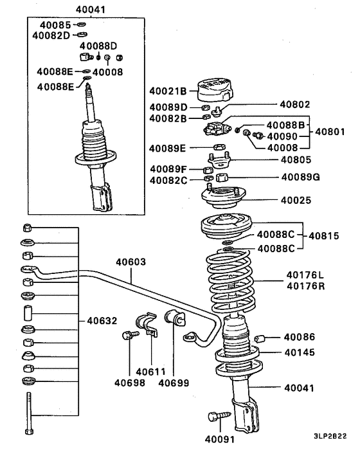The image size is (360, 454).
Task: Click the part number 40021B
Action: tap(168, 91)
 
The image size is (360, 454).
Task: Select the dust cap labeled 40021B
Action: tap(215, 90)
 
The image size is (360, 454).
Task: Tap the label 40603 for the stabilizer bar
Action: tap(130, 262)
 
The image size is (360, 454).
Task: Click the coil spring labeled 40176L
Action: tap(231, 282)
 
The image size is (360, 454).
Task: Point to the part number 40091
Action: tap(220, 439)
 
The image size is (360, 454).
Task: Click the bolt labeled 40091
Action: tap(219, 417)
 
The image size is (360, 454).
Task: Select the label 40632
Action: tap(102, 321)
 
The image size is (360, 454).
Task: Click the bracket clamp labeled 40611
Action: tap(147, 324)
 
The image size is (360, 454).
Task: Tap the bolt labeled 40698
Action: tap(130, 335)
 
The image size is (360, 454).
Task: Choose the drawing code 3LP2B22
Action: tap(330, 436)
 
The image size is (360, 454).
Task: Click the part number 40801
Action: tap(330, 132)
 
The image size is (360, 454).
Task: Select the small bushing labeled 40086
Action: tap(260, 338)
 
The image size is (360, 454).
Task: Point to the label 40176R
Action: tap(306, 286)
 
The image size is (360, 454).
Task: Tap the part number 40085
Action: tap(55, 25)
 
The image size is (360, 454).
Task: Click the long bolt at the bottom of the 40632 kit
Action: tap(29, 413)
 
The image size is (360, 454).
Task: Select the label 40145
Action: tap(300, 352)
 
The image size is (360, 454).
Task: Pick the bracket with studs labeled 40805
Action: tap(219, 161)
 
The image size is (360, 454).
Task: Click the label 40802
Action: tap(295, 104)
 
